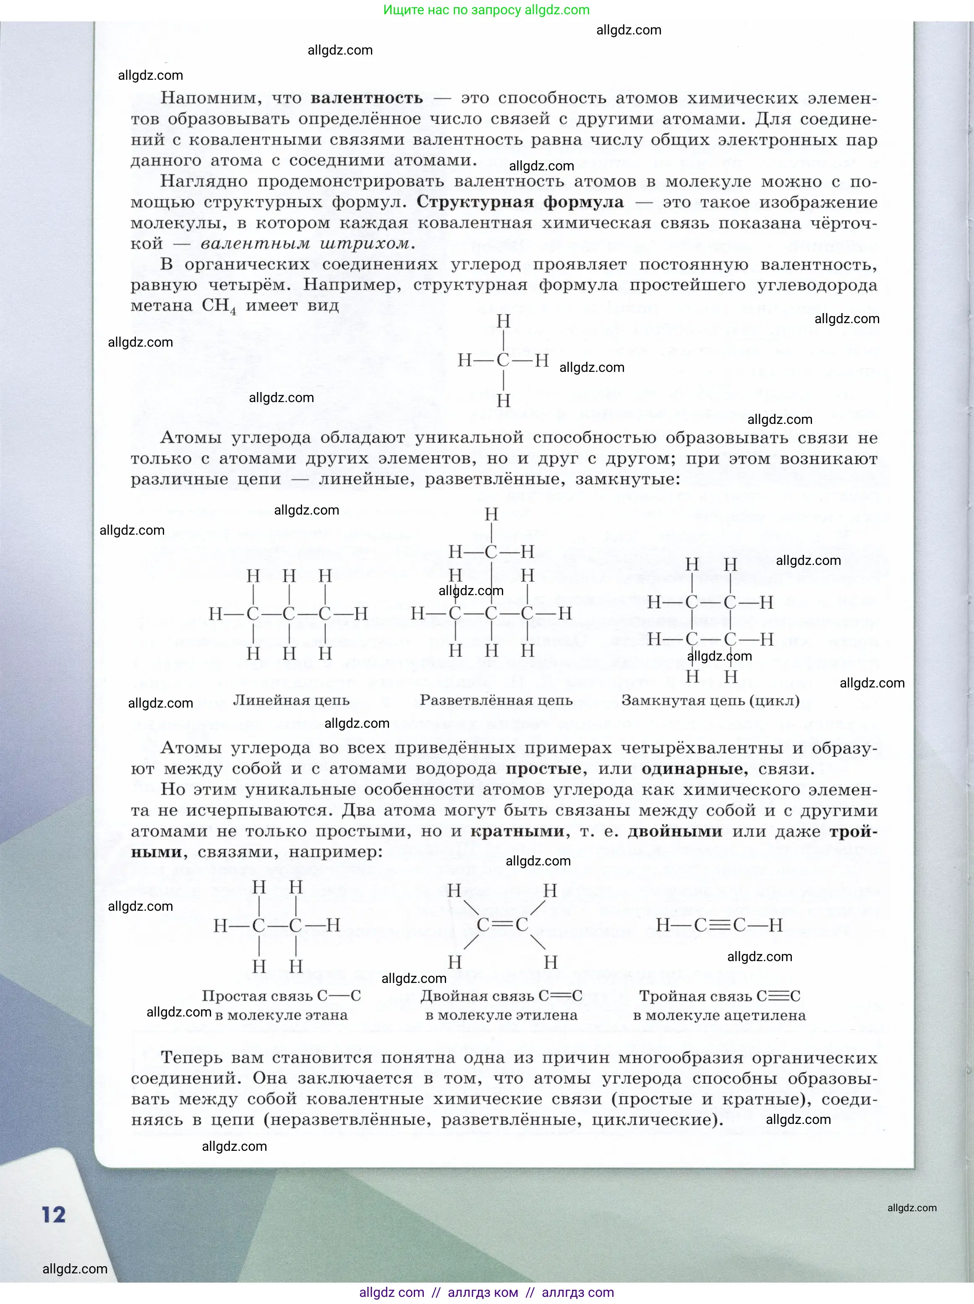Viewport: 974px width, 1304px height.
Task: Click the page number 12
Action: (x=53, y=1214)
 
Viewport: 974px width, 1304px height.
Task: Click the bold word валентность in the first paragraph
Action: (x=367, y=98)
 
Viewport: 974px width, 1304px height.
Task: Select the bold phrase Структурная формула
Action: (x=520, y=202)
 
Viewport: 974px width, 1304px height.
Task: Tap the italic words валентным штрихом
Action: (x=304, y=243)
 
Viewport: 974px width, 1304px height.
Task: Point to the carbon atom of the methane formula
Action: (x=503, y=360)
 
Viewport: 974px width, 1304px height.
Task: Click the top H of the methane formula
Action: (x=503, y=321)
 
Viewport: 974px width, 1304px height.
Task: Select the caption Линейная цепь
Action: (x=291, y=700)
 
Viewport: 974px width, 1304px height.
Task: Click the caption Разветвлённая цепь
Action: (x=496, y=700)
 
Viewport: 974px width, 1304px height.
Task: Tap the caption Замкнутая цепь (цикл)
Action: (x=710, y=700)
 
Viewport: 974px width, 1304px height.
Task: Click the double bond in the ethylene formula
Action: (x=502, y=924)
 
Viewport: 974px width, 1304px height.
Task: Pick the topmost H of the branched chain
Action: (x=491, y=514)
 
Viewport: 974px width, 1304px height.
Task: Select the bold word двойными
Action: (x=674, y=831)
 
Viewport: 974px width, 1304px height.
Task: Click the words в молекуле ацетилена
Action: (x=719, y=1015)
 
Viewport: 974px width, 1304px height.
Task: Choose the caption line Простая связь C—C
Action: (x=281, y=996)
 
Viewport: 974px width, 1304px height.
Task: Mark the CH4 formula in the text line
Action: (x=219, y=306)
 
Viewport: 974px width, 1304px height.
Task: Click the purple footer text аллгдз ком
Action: (x=483, y=1292)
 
